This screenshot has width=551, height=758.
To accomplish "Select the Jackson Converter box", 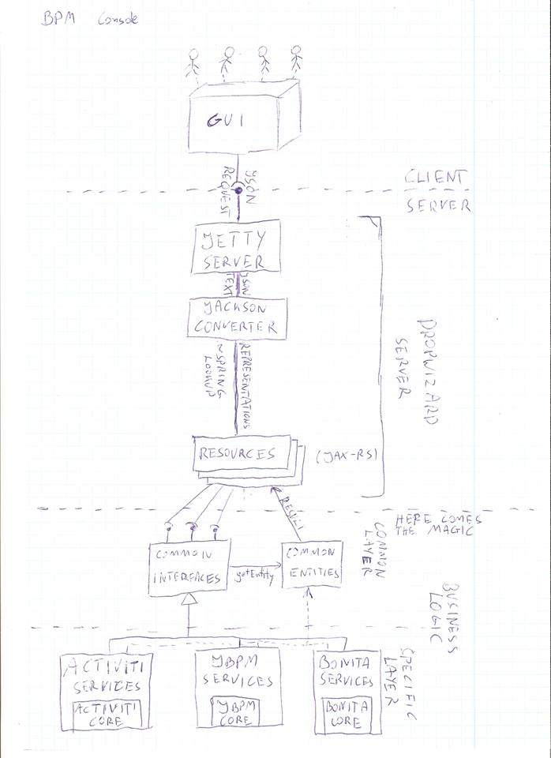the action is tap(235, 317).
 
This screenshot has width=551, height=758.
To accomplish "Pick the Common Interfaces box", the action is tap(189, 565).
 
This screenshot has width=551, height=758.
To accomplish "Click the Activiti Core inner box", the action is tap(106, 715).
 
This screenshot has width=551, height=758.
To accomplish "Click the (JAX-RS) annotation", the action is tap(341, 457).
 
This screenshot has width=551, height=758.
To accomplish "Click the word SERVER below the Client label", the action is tap(438, 207).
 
